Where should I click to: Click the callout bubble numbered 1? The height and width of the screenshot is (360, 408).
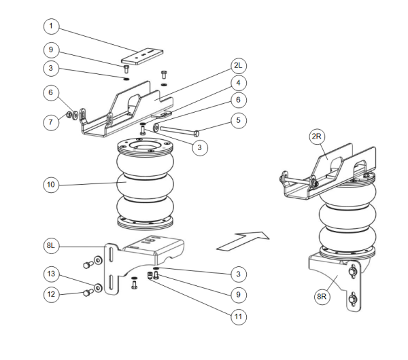coord(52,28)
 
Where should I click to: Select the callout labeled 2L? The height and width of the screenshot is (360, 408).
coord(239,66)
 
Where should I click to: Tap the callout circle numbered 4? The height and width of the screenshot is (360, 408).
coord(239,83)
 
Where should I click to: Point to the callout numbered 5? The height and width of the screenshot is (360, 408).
coord(239,122)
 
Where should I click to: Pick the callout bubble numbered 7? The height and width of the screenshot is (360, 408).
coord(52,122)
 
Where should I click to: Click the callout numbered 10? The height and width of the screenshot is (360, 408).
coord(52,184)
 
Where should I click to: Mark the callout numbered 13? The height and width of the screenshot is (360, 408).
coord(52,274)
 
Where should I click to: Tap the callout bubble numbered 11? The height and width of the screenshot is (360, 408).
coord(239,315)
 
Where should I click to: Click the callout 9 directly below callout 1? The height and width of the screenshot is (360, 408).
coord(52,50)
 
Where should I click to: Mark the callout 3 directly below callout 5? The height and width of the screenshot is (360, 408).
coord(198,147)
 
